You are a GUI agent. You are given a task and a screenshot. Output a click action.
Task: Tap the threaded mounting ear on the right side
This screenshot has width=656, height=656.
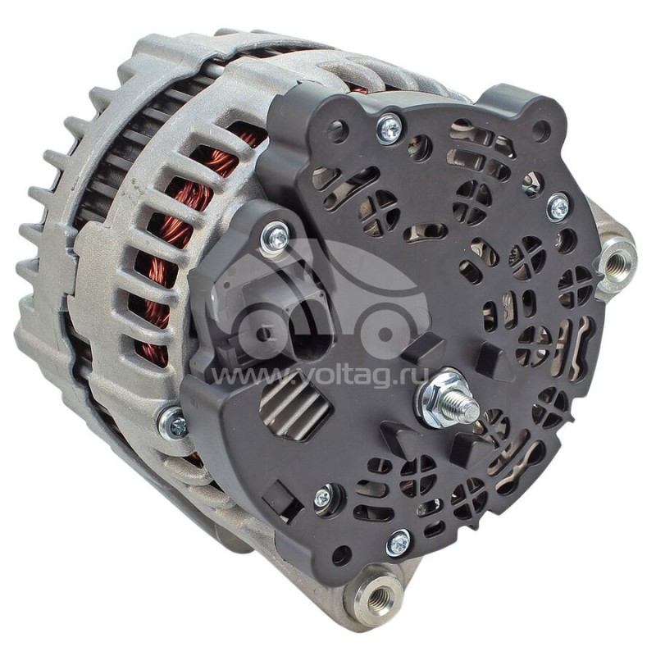[616, 261]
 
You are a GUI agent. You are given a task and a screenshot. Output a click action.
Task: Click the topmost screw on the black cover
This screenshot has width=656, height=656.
[389, 127]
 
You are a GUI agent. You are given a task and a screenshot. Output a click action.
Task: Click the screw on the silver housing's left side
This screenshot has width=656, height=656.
[173, 423]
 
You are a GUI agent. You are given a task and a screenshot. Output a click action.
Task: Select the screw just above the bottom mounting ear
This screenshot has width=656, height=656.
[399, 541]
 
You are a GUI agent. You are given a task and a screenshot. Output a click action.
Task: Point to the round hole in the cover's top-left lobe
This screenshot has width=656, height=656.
[335, 130]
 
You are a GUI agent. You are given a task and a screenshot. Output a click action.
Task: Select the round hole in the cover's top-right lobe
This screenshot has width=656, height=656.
[540, 130]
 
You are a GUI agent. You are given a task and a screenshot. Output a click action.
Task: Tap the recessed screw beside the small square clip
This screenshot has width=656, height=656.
[325, 496]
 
